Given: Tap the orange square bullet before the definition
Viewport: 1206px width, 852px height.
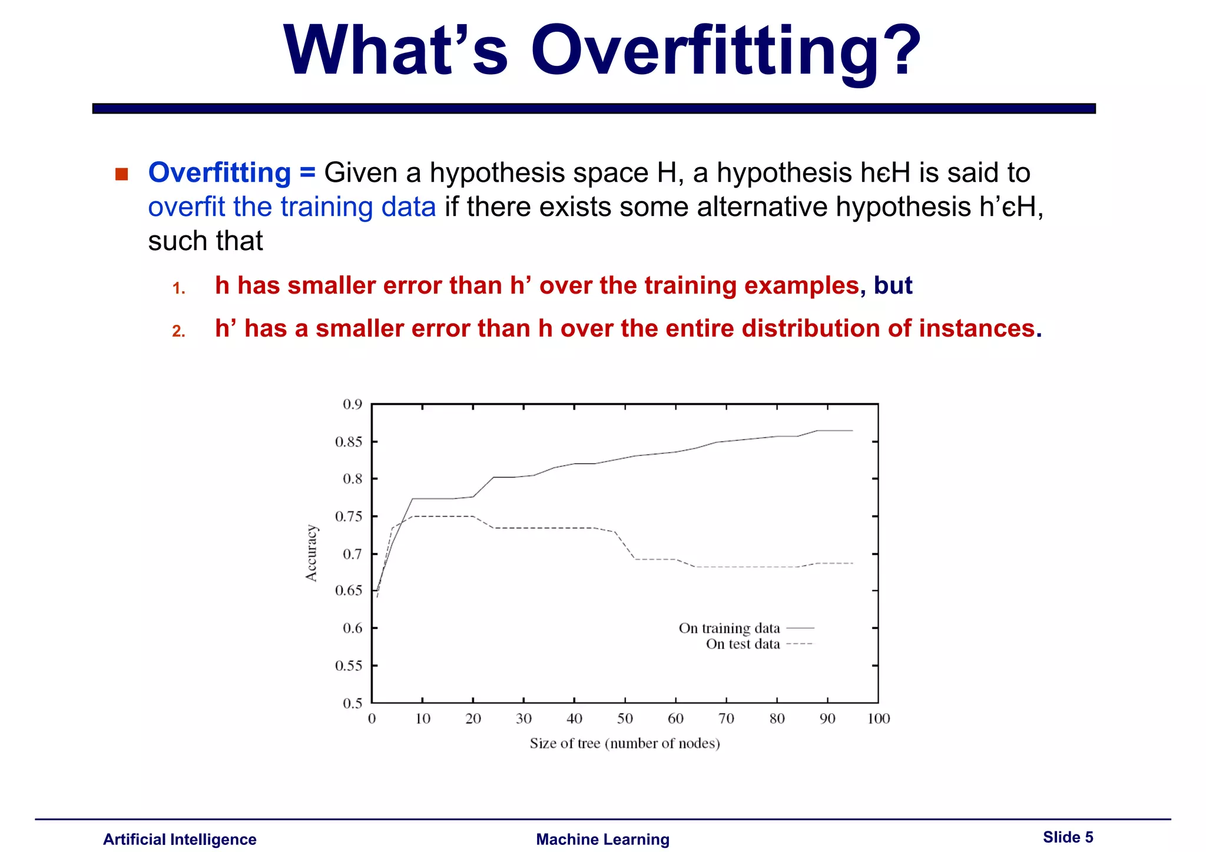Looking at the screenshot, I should tap(122, 174).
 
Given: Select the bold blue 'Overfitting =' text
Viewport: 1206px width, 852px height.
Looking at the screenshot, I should tap(231, 173).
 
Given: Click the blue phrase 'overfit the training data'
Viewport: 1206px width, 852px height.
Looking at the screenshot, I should tap(291, 207).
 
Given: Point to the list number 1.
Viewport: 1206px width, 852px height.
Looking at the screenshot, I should tap(178, 288).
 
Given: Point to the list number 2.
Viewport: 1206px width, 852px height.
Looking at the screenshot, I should tap(178, 331).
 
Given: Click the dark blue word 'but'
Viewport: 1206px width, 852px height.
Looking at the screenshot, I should tap(893, 285).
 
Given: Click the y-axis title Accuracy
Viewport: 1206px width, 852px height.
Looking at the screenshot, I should tap(312, 553).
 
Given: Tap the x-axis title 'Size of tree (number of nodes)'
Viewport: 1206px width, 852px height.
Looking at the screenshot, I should tap(625, 743).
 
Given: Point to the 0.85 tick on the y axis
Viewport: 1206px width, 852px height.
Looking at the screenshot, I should tap(349, 442).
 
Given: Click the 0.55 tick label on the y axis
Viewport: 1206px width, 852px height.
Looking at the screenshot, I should tap(349, 665).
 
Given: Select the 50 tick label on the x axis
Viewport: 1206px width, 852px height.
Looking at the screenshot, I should tap(625, 718).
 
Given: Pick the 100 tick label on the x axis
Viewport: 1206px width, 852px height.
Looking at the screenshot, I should tap(879, 718).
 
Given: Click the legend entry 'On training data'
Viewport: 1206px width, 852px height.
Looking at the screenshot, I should tap(729, 628).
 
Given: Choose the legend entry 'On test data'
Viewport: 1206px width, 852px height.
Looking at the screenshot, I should tap(743, 644).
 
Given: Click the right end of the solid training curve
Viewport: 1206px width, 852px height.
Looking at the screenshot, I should tap(852, 431).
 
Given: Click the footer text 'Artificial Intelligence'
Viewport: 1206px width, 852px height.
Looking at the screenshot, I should tap(180, 839).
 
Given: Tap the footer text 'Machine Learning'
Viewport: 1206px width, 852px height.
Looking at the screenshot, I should tap(602, 839).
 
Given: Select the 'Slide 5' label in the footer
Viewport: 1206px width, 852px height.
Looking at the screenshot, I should tap(1068, 837).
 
